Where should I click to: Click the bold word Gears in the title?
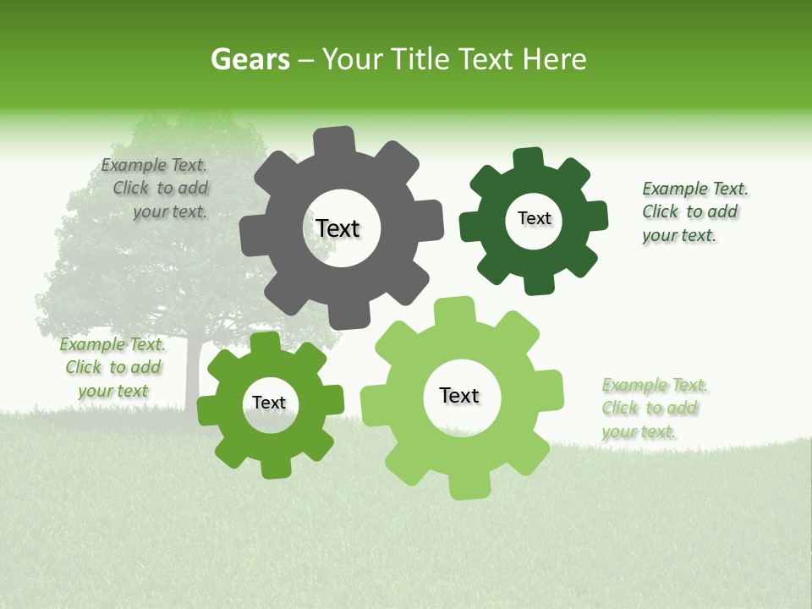click(250, 59)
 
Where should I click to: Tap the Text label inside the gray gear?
click(337, 228)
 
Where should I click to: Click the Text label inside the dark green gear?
click(534, 218)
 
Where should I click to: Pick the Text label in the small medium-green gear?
click(269, 403)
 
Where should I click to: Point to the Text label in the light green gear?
click(459, 396)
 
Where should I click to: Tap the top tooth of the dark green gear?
click(529, 160)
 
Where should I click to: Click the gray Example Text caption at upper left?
click(156, 189)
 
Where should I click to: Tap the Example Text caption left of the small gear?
click(112, 368)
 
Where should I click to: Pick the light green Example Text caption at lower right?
click(653, 409)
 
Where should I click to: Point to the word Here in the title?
click(554, 59)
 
